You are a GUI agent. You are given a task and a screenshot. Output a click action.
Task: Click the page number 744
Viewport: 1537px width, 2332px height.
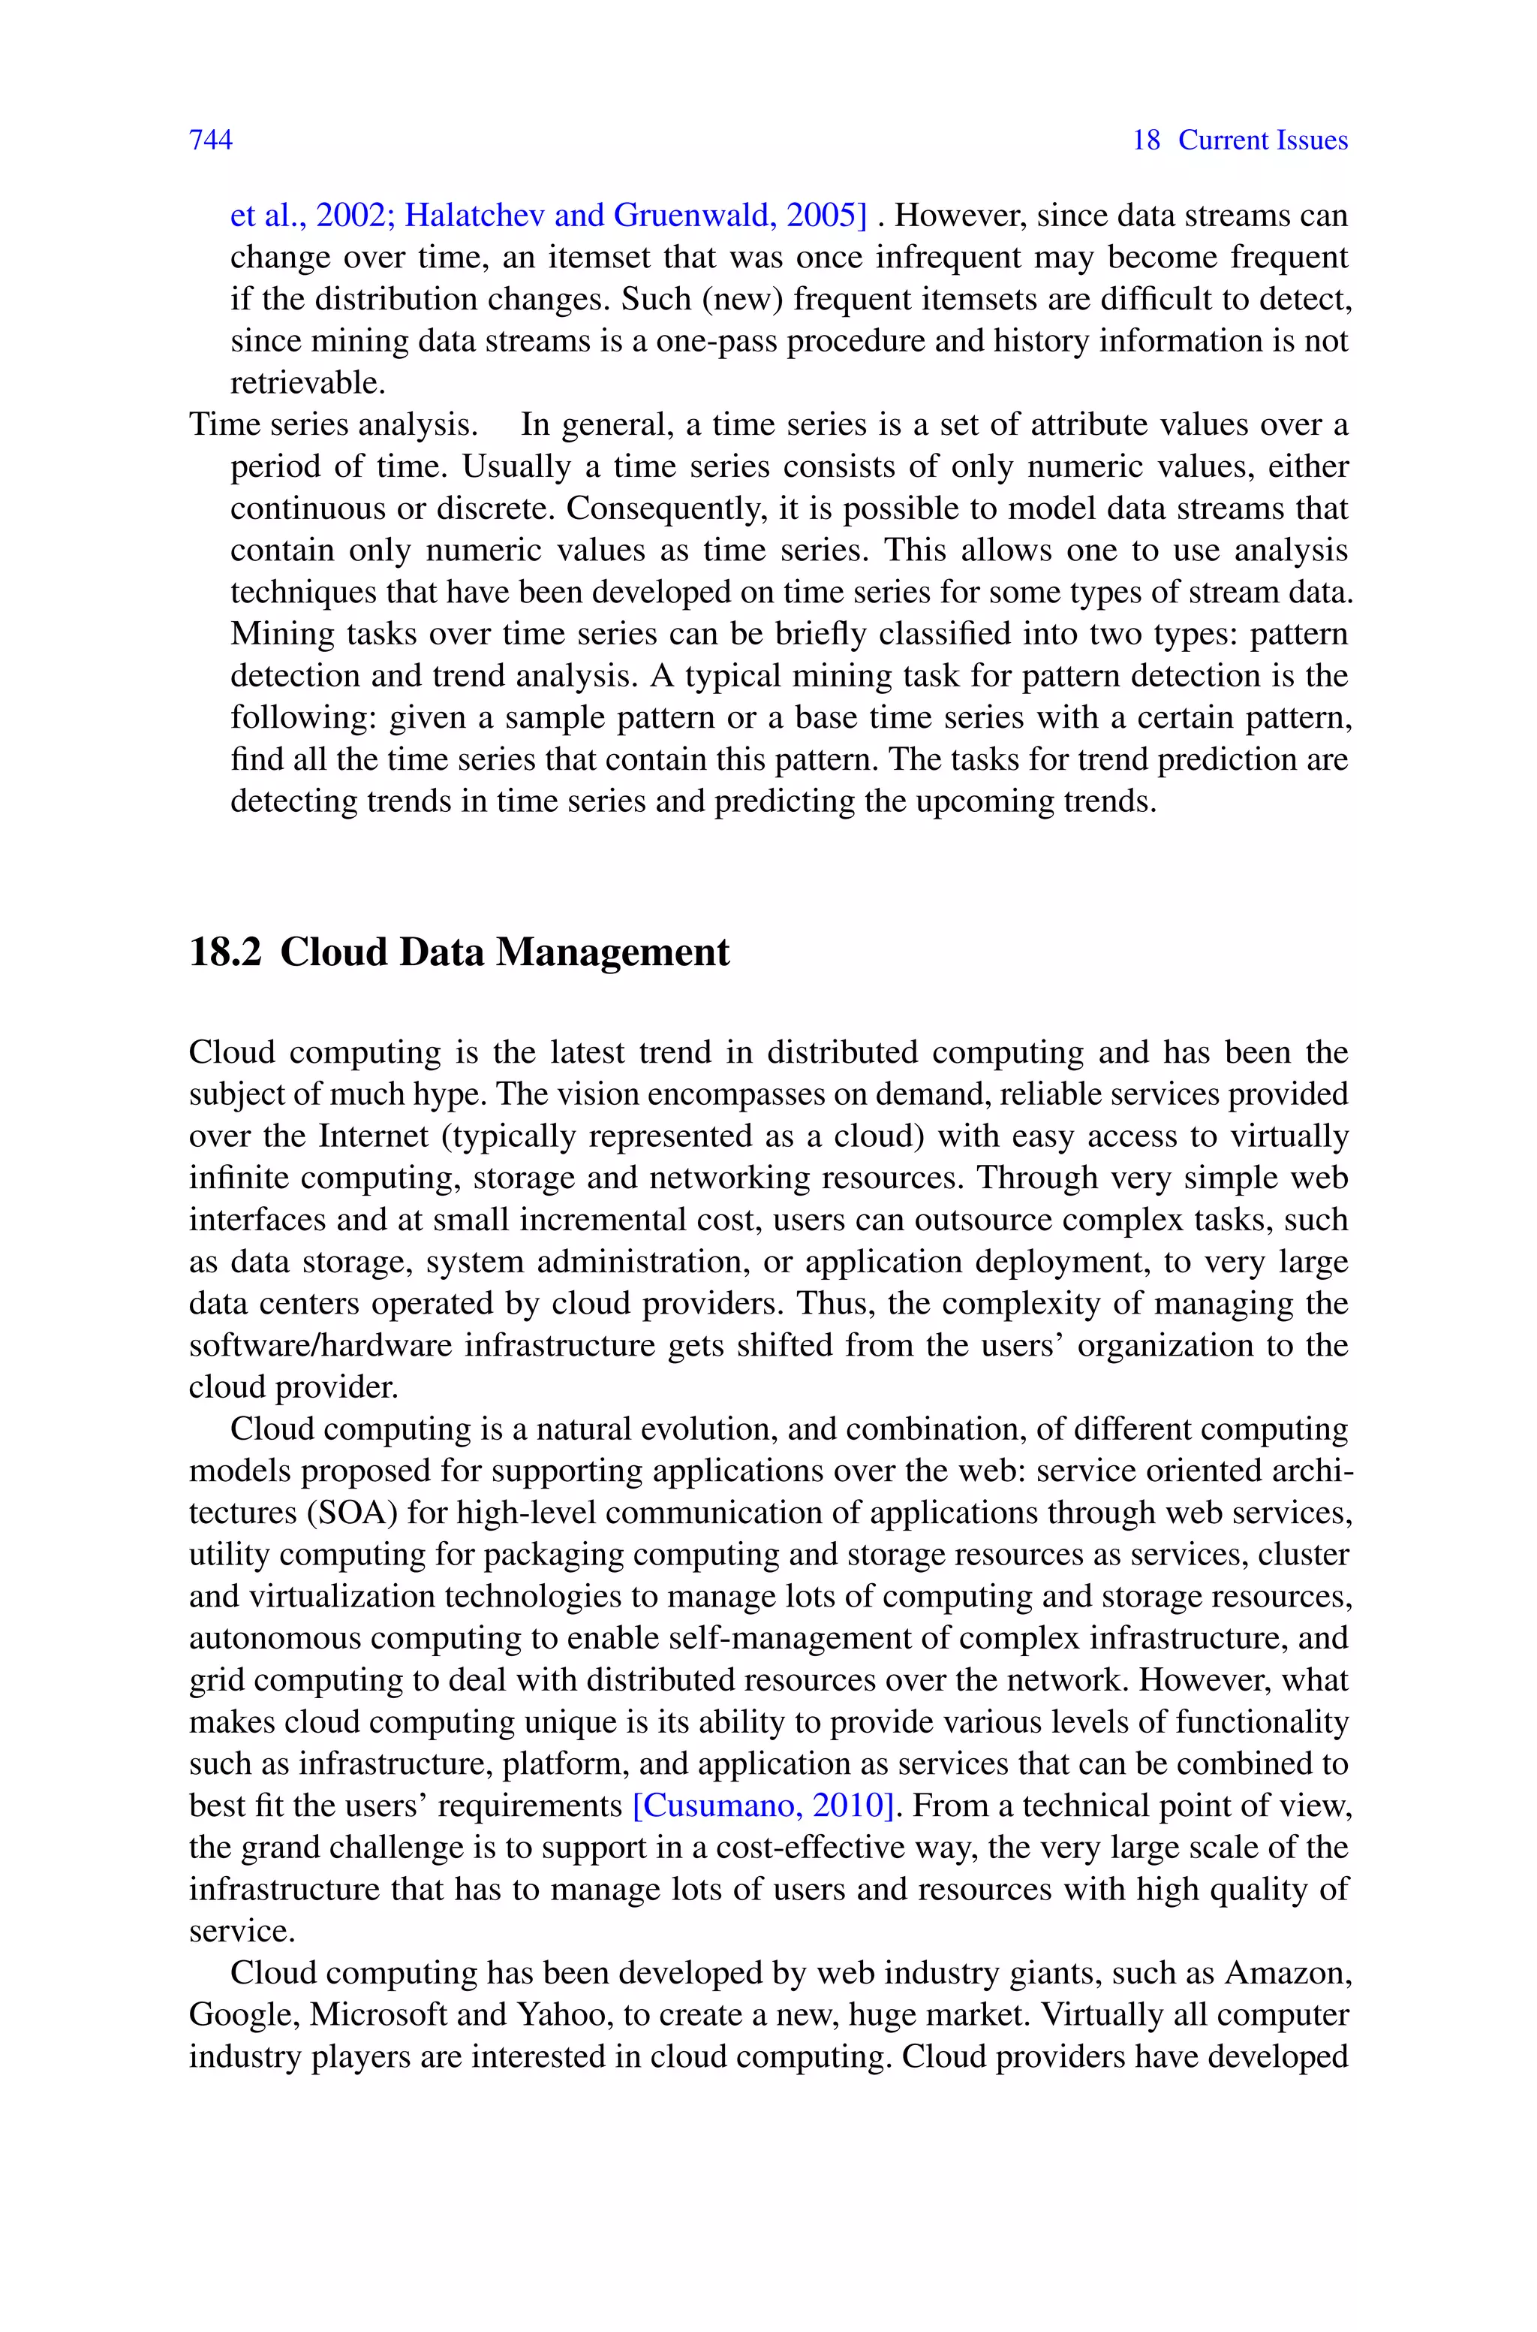click(211, 140)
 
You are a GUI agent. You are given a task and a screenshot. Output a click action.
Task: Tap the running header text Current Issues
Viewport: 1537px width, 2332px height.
click(1262, 140)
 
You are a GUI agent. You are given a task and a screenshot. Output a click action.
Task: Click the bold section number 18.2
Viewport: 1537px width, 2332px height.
click(224, 952)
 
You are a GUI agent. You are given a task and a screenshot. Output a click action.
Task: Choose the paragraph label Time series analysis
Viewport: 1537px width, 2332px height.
click(333, 424)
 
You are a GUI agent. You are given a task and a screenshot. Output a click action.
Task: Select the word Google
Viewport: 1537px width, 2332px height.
click(244, 2014)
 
